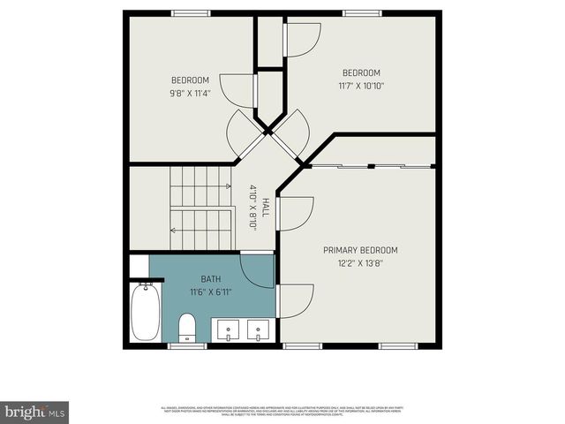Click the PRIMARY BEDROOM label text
360,250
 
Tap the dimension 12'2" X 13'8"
360,262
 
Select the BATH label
198,278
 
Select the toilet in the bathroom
186,328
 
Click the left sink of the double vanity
229,330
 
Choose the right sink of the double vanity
259,330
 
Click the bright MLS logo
34,412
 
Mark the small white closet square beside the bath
139,266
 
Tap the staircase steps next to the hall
201,210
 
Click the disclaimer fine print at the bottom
282,411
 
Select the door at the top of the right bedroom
301,38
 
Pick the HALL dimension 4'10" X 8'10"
253,208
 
